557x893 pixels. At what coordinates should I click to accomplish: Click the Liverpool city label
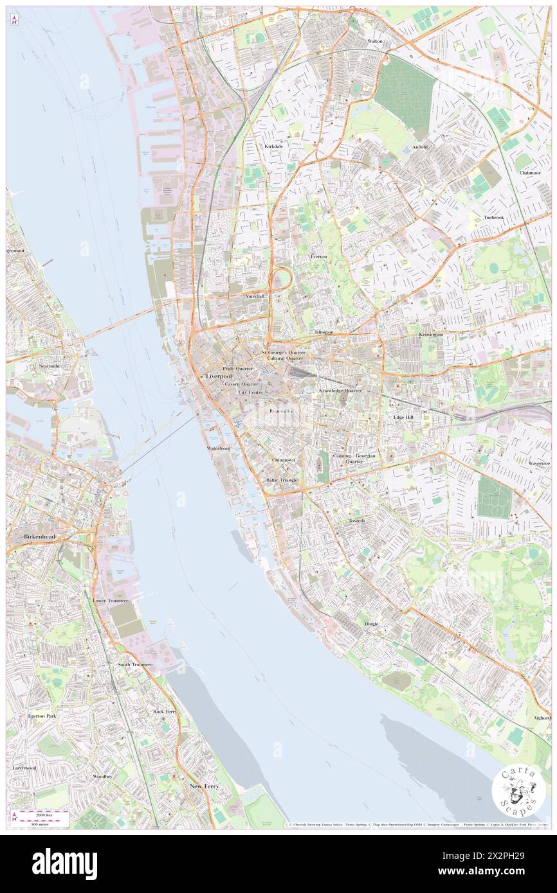pyautogui.click(x=218, y=375)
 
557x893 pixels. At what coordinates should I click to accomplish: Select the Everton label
pyautogui.click(x=318, y=256)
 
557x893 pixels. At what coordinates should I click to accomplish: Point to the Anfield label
pyautogui.click(x=420, y=146)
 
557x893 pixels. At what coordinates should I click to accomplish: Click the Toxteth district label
pyautogui.click(x=356, y=520)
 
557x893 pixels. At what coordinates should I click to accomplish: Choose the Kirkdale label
pyautogui.click(x=273, y=146)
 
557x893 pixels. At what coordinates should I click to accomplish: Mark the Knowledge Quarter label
pyautogui.click(x=340, y=390)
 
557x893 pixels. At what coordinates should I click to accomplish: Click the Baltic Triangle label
pyautogui.click(x=281, y=480)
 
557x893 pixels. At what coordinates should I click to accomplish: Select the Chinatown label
pyautogui.click(x=283, y=461)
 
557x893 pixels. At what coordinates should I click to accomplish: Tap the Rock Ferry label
pyautogui.click(x=165, y=712)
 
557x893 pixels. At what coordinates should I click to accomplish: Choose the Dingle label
pyautogui.click(x=371, y=624)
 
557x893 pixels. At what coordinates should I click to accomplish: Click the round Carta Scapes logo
pyautogui.click(x=518, y=791)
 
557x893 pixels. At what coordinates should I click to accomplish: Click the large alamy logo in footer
pyautogui.click(x=64, y=864)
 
